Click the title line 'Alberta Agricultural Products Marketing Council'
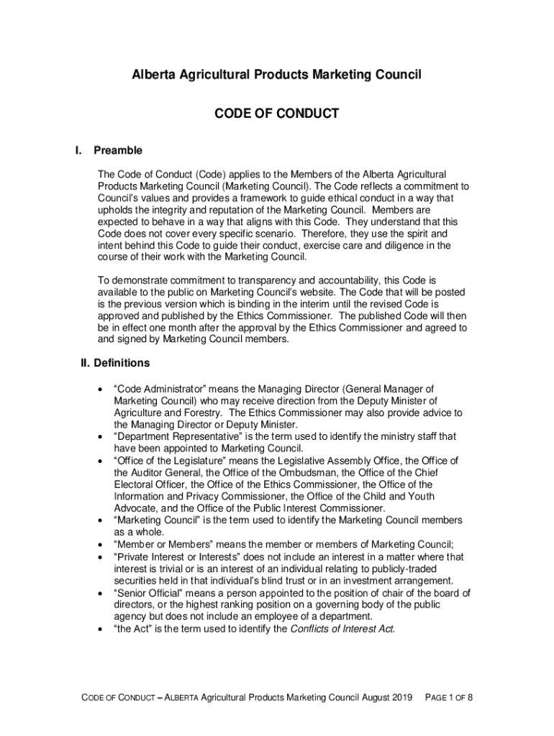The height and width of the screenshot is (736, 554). pos(277,75)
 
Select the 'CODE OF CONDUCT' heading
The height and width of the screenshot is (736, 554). pos(277,114)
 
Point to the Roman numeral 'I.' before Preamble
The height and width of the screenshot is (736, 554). pos(78,151)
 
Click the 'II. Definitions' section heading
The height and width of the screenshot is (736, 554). pos(115,363)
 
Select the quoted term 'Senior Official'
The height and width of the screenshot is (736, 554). pos(148,593)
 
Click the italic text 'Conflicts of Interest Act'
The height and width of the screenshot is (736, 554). pos(342,629)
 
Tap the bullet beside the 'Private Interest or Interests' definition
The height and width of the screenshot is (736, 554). pos(99,557)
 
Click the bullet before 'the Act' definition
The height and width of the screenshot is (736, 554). pos(99,629)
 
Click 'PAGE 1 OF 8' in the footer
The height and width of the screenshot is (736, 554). pos(449,698)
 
